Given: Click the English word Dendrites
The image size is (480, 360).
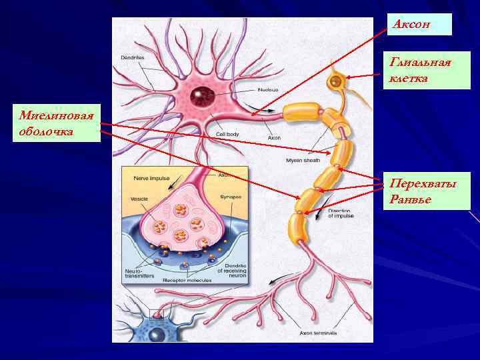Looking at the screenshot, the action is tap(133, 58).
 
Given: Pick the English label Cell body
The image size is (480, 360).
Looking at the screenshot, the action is tap(227, 133).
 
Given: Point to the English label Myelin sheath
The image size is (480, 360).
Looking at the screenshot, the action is tap(303, 160).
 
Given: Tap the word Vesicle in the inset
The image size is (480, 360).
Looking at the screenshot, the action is tap(139, 199).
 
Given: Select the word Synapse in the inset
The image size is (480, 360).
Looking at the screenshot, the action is tap(230, 197).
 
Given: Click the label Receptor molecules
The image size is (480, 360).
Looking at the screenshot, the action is tap(187, 281).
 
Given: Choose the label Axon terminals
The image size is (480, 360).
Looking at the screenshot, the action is tap(319, 332).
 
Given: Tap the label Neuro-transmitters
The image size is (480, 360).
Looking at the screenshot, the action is tap(139, 273).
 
